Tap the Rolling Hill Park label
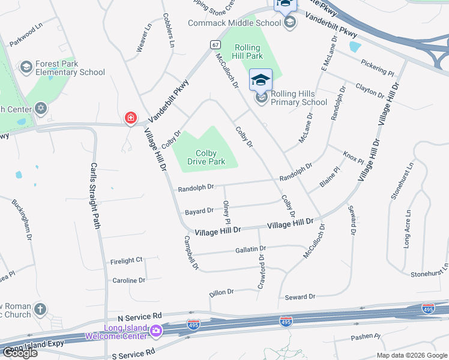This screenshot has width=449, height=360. [x=247, y=52]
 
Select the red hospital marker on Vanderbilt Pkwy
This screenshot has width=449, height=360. [x=130, y=119]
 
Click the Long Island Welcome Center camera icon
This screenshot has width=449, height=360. [x=156, y=331]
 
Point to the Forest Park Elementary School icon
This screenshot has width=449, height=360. [x=26, y=67]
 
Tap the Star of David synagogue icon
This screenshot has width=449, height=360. [x=40, y=109]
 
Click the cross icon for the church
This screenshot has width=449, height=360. [x=40, y=310]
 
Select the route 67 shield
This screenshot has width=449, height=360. [x=215, y=44]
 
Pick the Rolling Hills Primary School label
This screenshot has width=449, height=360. [x=299, y=98]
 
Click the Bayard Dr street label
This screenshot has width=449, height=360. [x=199, y=211]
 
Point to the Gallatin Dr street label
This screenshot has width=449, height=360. [x=250, y=248]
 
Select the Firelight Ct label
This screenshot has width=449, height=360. [x=127, y=260]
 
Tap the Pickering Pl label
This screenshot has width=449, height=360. [x=378, y=67]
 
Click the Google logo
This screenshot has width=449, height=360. [x=20, y=352]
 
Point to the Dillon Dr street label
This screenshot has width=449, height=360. [x=221, y=292]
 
